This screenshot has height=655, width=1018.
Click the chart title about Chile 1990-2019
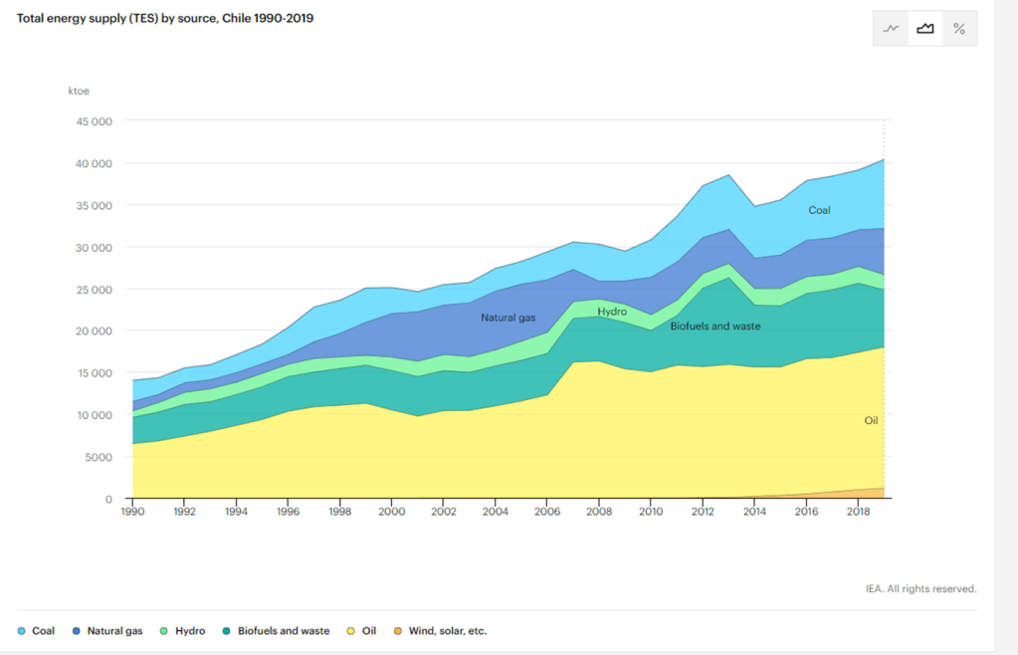pos(165,18)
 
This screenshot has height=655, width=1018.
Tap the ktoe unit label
pos(79,92)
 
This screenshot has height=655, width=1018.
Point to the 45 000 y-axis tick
pos(94,121)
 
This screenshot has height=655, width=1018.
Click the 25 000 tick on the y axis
pos(94,290)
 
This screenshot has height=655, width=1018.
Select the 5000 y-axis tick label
pos(98,458)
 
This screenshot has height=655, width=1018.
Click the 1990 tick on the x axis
pos(131,512)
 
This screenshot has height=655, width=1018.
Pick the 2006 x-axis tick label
pos(547,512)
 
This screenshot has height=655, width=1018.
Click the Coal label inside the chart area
pos(819,210)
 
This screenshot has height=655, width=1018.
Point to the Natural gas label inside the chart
pos(508,318)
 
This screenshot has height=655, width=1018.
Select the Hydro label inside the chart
pos(612,312)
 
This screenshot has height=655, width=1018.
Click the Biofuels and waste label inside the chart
pos(715,326)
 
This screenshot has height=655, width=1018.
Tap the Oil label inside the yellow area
pos(871,421)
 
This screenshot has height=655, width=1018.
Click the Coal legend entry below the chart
pos(37,631)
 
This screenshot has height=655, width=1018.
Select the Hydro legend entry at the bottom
pos(183,631)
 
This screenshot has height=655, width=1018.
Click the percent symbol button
pos(959,29)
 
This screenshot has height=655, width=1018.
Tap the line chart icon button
pos(891,29)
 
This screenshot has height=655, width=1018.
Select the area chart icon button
pos(925,29)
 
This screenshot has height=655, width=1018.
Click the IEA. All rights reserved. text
pos(920,588)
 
